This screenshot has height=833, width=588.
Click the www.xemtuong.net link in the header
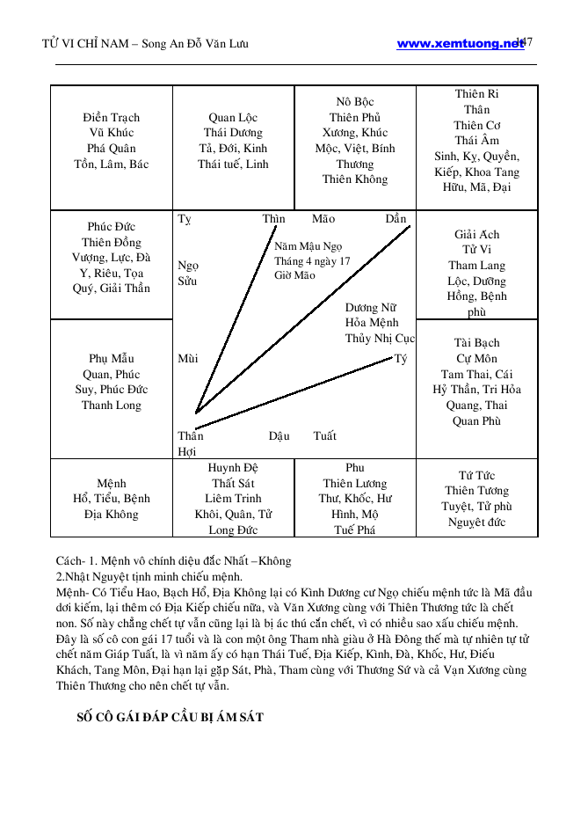(459, 43)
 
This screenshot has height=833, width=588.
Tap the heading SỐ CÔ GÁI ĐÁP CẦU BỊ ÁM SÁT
(171, 717)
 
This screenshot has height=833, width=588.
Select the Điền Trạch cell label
(112, 118)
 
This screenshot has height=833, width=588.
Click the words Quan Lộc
(233, 118)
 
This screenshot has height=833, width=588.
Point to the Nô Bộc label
(355, 102)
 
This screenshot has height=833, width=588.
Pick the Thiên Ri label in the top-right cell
(477, 94)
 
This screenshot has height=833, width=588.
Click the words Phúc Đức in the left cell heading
(112, 227)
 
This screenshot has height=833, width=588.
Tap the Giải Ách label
(477, 235)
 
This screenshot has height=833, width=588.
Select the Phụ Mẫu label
(112, 359)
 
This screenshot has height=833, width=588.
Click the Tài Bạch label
(477, 343)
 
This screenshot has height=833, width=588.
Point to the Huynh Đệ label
(233, 468)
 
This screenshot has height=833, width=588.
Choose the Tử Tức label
(477, 476)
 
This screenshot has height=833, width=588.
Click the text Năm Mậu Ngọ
(308, 247)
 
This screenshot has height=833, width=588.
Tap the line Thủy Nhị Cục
(380, 339)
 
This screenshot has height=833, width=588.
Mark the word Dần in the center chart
(396, 219)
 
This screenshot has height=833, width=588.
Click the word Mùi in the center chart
(187, 359)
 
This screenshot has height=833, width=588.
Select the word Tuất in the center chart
(324, 436)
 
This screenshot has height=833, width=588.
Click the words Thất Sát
(233, 484)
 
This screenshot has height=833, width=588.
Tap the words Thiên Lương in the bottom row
(355, 484)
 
